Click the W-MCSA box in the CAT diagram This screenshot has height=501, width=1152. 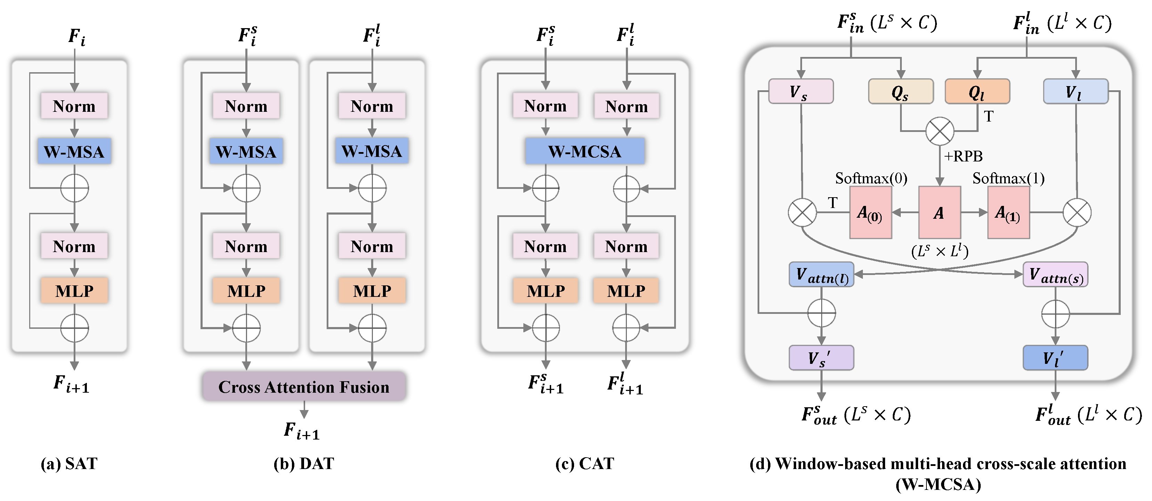(585, 151)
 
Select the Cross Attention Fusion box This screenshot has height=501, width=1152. (304, 386)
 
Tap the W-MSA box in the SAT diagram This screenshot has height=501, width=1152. (74, 151)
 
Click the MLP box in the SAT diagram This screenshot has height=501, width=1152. (74, 291)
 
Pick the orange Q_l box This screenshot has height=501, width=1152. (977, 92)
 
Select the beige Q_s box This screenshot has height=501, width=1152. (900, 92)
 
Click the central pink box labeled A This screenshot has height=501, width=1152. (939, 213)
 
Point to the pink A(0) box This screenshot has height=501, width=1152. (870, 213)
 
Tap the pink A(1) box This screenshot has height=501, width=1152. (1008, 213)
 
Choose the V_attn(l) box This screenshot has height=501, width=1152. (822, 274)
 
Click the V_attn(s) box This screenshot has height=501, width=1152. (1055, 274)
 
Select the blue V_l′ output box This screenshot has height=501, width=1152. (1055, 358)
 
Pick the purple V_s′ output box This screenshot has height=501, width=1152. (821, 358)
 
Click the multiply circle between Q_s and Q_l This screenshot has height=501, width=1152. (940, 131)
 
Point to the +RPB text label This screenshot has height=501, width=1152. (963, 156)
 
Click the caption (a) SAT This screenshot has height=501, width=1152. (69, 464)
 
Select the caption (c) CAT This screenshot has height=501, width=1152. (585, 464)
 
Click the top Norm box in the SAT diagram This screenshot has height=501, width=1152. (74, 106)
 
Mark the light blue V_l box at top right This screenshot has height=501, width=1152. (1075, 92)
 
